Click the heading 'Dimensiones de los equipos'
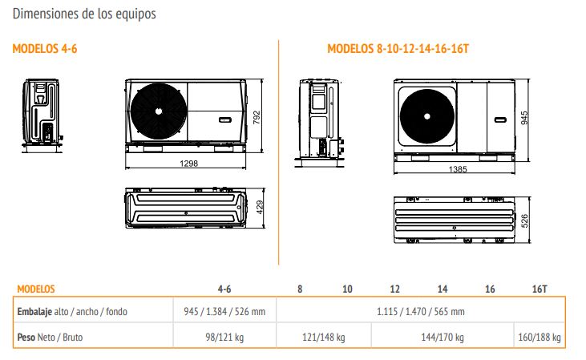coord(84,14)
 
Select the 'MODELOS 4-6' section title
coord(45,49)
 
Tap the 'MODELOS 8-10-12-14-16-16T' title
coord(398,49)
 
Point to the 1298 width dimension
coord(188,164)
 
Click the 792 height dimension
coord(257,117)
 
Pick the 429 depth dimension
coord(260,208)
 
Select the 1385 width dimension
coord(458,169)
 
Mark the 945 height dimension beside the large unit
coord(525,118)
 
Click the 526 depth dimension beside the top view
coord(525,220)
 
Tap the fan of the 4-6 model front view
coord(159,111)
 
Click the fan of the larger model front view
coord(427,116)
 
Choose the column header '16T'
coord(540,289)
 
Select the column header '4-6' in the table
coord(224,289)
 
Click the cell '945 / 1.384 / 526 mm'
coord(224,311)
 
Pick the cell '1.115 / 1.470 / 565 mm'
coord(421,311)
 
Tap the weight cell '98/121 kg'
coord(224,338)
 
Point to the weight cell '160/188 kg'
coord(540,338)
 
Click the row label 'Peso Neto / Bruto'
coord(50,338)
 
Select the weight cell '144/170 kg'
coord(443,338)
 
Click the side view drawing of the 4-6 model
coord(42,115)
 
